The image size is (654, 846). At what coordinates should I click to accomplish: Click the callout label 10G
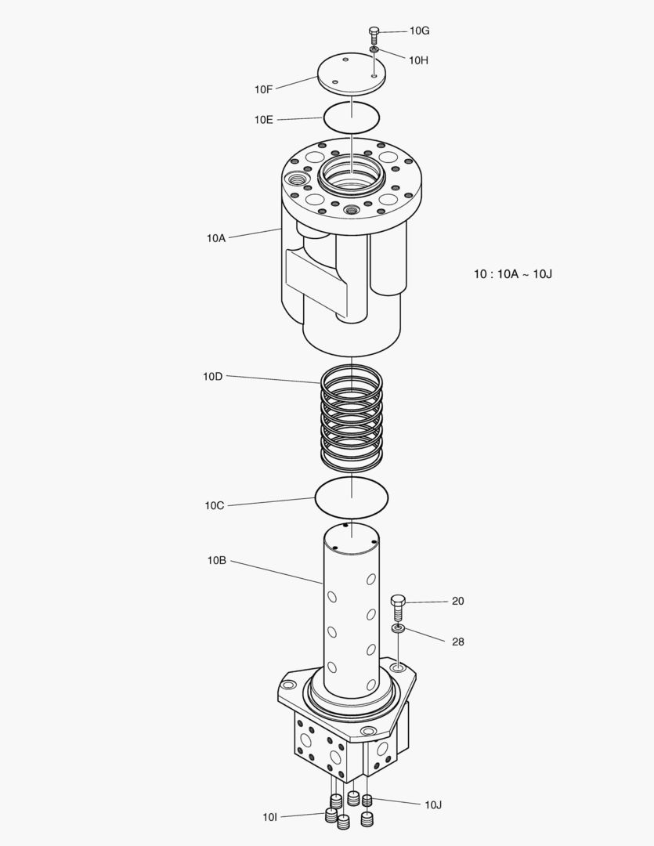tap(420, 31)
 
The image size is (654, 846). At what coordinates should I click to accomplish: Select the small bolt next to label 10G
tap(374, 34)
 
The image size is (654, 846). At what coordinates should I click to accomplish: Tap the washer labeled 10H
tap(374, 50)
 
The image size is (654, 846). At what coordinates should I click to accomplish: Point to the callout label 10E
tap(263, 120)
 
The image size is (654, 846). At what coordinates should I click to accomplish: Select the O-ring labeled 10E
tap(352, 117)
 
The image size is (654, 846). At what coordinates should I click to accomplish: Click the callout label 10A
tap(216, 237)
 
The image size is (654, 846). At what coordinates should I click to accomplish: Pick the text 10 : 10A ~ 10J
tap(513, 274)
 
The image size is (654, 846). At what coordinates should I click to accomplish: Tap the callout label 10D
tap(212, 376)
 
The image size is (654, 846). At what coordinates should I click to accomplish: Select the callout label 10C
tap(215, 505)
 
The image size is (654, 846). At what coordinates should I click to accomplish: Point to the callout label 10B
tap(217, 560)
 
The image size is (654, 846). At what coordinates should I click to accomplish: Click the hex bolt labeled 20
tap(398, 605)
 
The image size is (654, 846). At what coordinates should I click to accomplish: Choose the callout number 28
tap(458, 642)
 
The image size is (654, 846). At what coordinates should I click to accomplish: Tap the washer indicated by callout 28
tap(399, 628)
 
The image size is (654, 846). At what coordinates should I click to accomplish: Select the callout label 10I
tap(270, 817)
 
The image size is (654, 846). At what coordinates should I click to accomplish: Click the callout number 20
tap(458, 601)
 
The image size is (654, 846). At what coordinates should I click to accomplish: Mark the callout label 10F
tap(263, 89)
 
